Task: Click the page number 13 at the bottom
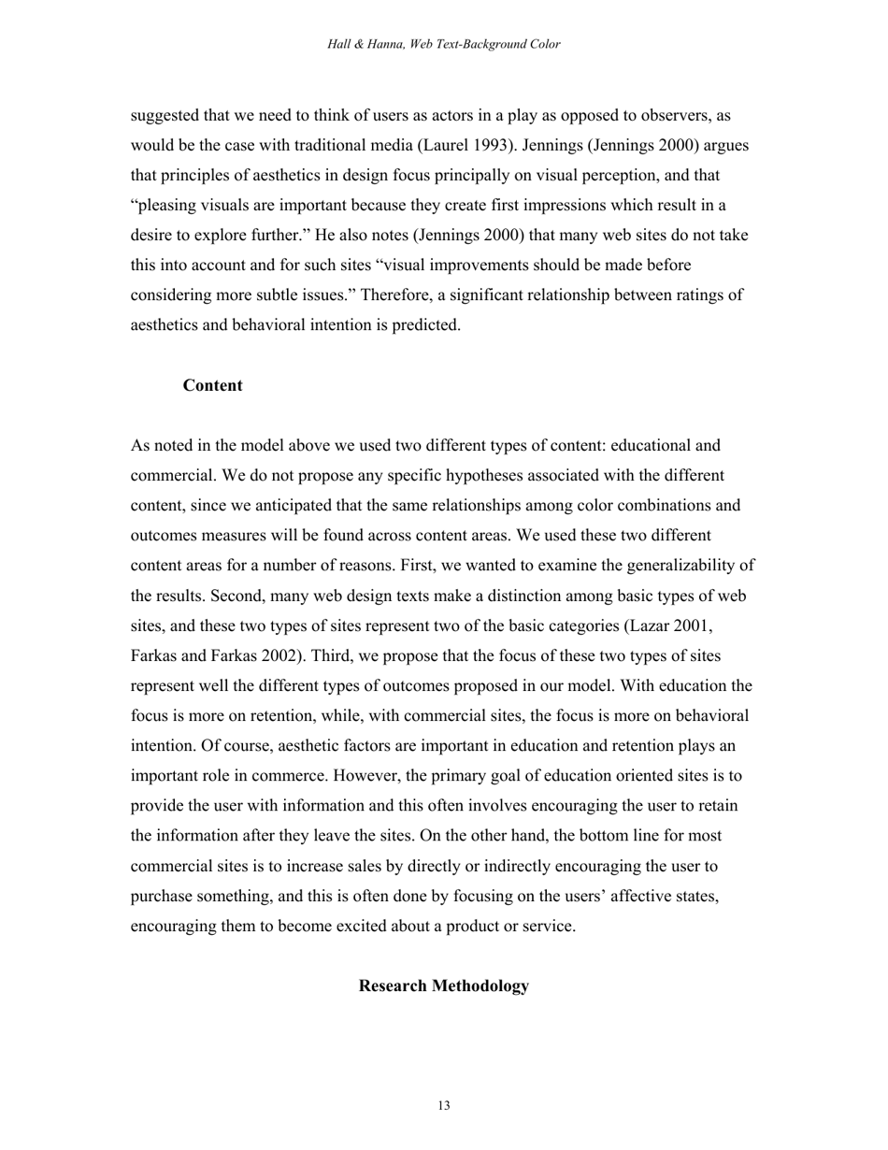point(443,1106)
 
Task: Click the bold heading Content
point(212,386)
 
